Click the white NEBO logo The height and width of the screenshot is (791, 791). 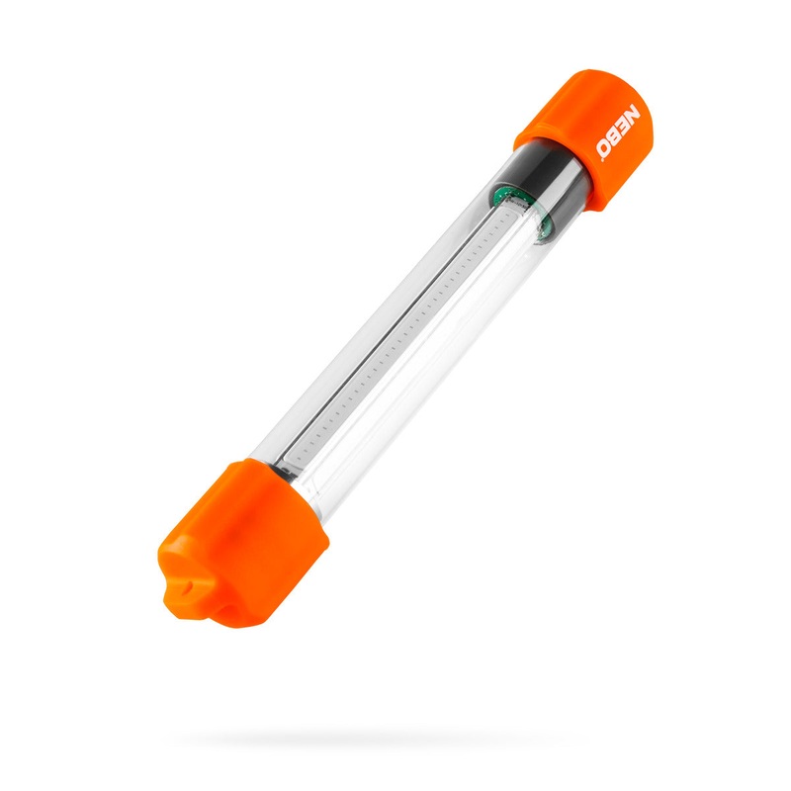619,132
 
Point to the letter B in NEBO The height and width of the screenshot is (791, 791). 616,137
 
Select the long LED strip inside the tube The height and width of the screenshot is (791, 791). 395,336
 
